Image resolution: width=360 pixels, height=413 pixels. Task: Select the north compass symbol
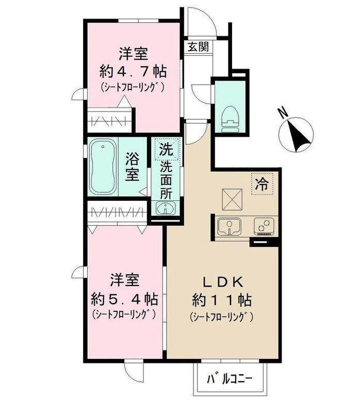(x=296, y=133)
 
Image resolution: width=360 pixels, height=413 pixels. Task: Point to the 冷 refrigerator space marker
(x=263, y=184)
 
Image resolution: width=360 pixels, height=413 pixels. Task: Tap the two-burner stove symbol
(x=264, y=226)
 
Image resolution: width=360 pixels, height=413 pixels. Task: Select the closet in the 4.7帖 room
(x=110, y=120)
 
